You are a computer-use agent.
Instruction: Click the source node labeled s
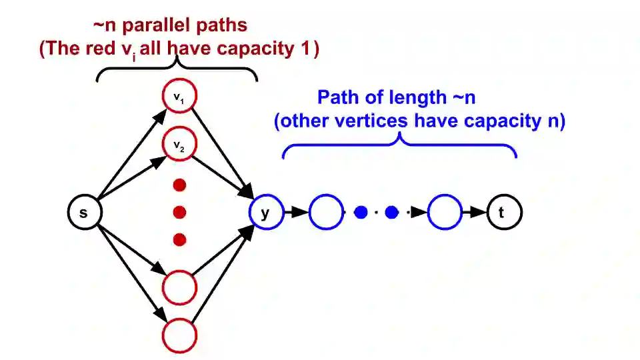[x=84, y=213]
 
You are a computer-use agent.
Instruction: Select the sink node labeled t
[x=504, y=213]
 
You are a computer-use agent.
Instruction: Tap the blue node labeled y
[x=265, y=213]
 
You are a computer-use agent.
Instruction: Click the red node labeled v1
[x=179, y=97]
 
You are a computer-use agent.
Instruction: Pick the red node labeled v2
[x=179, y=145]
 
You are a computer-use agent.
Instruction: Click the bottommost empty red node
[x=179, y=335]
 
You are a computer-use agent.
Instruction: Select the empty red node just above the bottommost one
[x=179, y=288]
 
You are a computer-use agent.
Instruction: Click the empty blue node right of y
[x=327, y=213]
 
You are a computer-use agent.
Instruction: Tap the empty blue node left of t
[x=445, y=213]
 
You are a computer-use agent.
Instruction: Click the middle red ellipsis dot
[x=179, y=213]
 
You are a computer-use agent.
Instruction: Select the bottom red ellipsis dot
[x=179, y=239]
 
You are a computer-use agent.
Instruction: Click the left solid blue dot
[x=361, y=213]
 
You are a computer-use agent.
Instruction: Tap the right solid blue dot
[x=392, y=213]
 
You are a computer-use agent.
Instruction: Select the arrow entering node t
[x=475, y=213]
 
